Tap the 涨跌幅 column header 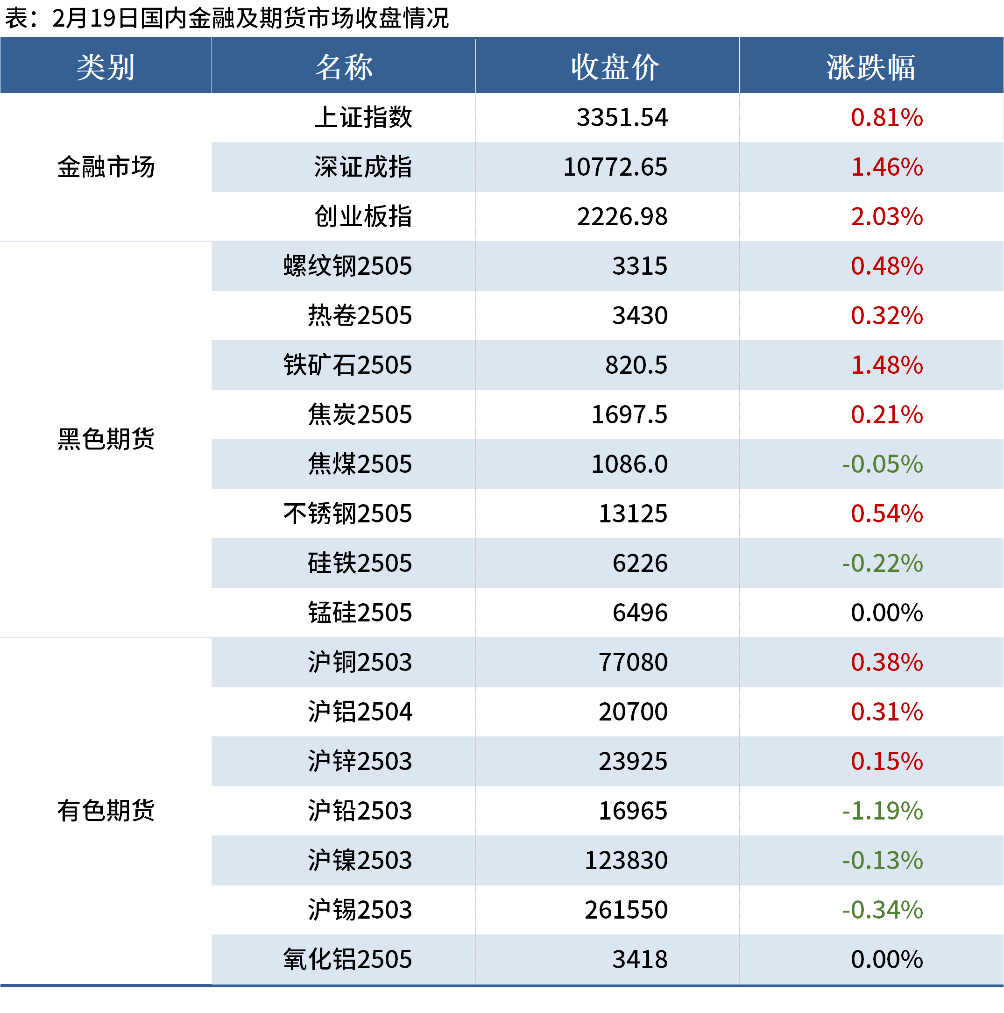(870, 67)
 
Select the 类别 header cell (106, 67)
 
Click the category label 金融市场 (106, 167)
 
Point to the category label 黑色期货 (106, 439)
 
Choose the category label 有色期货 (106, 811)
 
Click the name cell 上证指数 (363, 117)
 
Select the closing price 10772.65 (615, 167)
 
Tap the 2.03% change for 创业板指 (886, 216)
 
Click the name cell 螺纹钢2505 (347, 266)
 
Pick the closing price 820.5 (636, 365)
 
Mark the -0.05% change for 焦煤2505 (882, 464)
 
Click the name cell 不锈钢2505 (347, 514)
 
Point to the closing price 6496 (640, 613)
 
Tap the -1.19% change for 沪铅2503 (882, 811)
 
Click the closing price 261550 (626, 910)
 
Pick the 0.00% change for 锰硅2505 (886, 613)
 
